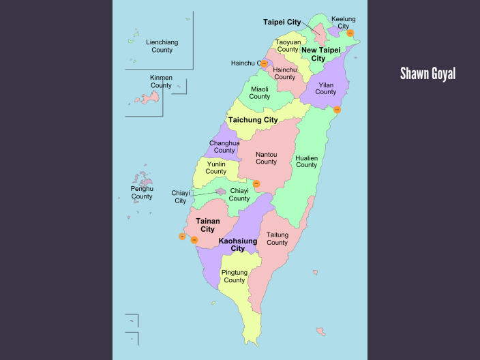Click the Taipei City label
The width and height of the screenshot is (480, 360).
point(282,22)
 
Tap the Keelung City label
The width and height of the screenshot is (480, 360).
point(343,22)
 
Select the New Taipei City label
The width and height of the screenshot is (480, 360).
point(321,54)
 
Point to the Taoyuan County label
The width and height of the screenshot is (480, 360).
point(288,46)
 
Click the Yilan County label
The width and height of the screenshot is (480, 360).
point(326,88)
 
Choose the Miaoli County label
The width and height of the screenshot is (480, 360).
point(260,93)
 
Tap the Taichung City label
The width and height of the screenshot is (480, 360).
point(253,120)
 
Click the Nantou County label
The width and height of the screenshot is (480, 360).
point(266,158)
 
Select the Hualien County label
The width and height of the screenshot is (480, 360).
point(306,161)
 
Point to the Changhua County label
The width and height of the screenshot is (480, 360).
point(224,147)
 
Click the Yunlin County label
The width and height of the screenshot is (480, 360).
point(216,168)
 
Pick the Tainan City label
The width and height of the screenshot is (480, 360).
point(208,225)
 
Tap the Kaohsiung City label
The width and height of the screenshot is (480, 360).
point(238,245)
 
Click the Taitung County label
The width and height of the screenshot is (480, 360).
point(277,239)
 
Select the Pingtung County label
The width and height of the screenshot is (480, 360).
point(235,276)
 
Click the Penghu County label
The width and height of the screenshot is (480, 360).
point(142,192)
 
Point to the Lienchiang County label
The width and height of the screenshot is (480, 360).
point(162,46)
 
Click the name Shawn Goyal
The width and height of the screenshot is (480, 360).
point(427,74)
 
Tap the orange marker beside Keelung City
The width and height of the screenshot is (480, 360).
point(350,33)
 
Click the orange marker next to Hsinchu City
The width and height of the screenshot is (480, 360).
point(264,63)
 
